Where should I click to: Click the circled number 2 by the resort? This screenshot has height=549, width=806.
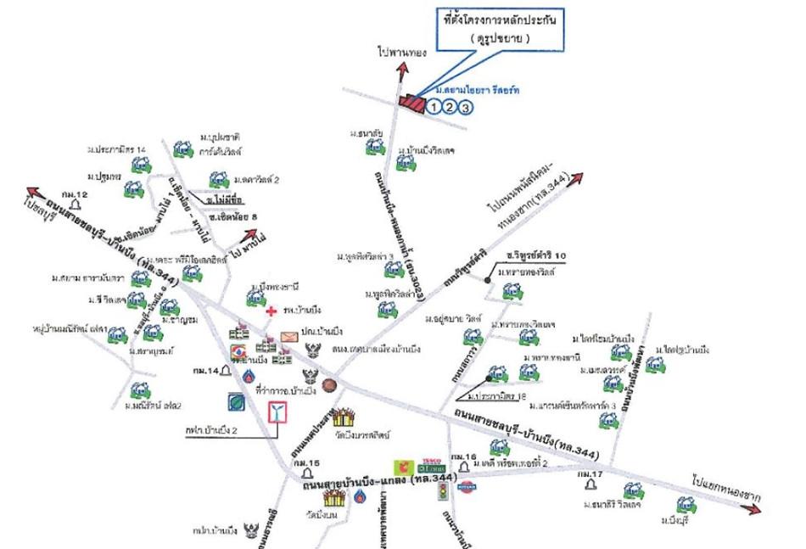[450, 107]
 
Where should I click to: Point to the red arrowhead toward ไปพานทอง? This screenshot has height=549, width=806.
[400, 75]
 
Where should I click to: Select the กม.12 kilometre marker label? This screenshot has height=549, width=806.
[76, 195]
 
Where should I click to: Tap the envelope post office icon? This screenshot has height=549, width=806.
[289, 338]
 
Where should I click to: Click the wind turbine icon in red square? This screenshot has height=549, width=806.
[277, 412]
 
